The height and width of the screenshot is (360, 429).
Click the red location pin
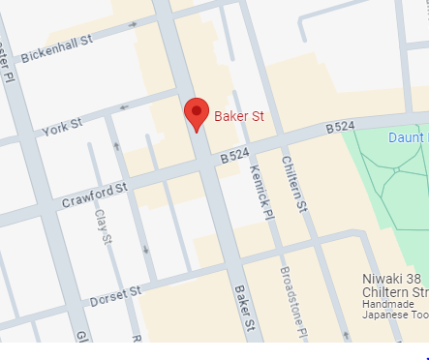(197, 112)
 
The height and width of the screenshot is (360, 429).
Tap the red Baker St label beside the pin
(238, 116)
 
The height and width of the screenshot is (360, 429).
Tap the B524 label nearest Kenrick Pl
(236, 155)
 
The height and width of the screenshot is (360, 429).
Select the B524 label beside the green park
(341, 127)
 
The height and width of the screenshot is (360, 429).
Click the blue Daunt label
(407, 137)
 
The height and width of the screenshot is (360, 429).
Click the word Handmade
(388, 304)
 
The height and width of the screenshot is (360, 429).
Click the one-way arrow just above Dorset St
(145, 251)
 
